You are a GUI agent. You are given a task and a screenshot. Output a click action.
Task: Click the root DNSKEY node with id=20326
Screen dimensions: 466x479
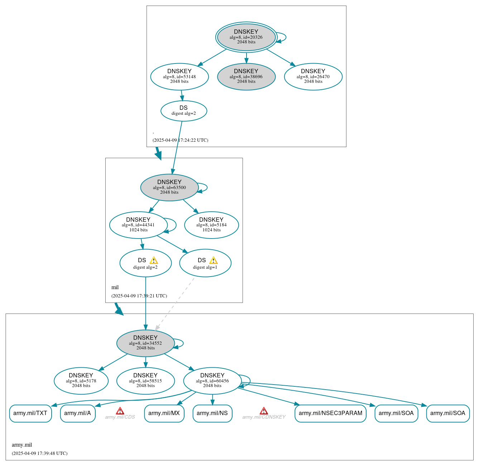pos(246,37)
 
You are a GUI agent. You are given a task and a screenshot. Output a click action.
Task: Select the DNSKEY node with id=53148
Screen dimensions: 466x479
pos(179,76)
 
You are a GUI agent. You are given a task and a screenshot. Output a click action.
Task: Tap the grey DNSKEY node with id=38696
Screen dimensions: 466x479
pos(246,76)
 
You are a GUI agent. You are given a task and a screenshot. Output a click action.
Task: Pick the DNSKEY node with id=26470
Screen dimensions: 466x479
pos(313,76)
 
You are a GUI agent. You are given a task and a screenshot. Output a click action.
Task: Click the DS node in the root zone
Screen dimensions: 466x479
pos(183,110)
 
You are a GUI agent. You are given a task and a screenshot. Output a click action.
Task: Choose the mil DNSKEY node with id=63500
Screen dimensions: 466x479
pos(169,187)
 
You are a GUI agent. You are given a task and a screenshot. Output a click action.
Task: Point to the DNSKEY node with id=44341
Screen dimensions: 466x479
pos(138,225)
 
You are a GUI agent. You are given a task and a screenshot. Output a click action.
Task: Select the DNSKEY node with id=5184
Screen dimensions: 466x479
pos(211,225)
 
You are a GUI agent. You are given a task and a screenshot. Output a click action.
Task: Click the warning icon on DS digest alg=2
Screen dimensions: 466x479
pos(154,260)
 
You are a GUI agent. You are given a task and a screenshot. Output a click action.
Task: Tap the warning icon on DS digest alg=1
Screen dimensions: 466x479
pos(214,260)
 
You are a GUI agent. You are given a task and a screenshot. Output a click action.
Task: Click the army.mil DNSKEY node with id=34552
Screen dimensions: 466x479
pos(145,343)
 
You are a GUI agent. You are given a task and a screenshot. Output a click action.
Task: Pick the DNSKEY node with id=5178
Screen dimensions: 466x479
pos(81,381)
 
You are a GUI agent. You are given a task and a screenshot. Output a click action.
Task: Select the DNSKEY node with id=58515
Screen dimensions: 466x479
pos(145,381)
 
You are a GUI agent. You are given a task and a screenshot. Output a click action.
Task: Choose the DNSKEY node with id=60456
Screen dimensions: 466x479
pos(212,381)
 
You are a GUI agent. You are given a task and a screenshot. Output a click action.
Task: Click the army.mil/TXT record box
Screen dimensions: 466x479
pos(30,413)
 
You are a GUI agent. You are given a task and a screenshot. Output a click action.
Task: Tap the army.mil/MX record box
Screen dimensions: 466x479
pos(164,413)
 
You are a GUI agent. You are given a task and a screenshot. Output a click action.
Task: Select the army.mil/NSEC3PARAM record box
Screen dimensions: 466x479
pos(330,413)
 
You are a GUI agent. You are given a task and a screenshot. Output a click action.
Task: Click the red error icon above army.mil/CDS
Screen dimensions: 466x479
pos(120,411)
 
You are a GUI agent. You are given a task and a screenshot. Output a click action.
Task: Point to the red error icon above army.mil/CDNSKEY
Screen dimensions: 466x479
pos(264,411)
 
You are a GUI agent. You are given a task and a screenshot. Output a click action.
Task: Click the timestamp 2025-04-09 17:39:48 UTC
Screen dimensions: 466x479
pos(39,453)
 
